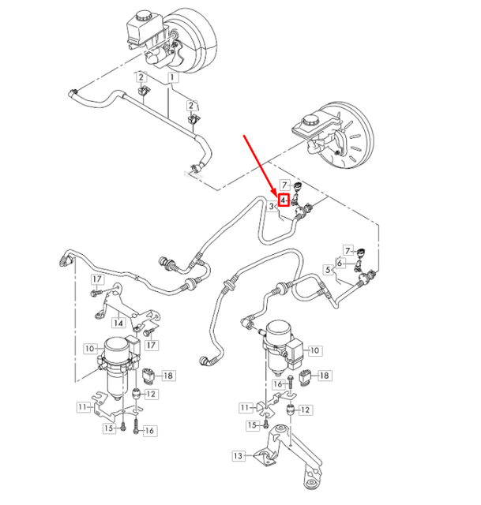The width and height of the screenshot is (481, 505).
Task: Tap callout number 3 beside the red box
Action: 272,206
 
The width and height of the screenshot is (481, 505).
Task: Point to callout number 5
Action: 328,270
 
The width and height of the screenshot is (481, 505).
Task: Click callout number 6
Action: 340,263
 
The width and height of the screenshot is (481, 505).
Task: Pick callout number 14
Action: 117,322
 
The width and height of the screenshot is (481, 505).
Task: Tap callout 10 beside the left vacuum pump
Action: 90,347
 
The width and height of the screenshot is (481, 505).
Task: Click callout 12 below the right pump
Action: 306,410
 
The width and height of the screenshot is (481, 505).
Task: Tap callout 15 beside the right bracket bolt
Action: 253,425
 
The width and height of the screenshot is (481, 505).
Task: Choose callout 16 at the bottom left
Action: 150,430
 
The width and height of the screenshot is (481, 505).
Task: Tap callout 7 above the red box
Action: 285,185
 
